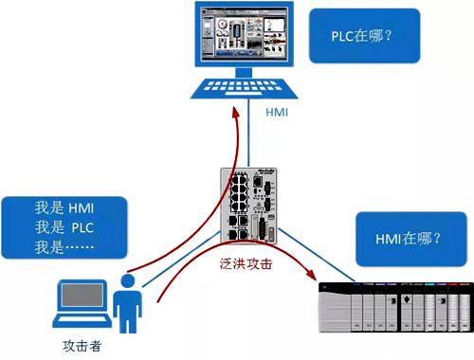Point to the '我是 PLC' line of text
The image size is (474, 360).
[64, 228]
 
